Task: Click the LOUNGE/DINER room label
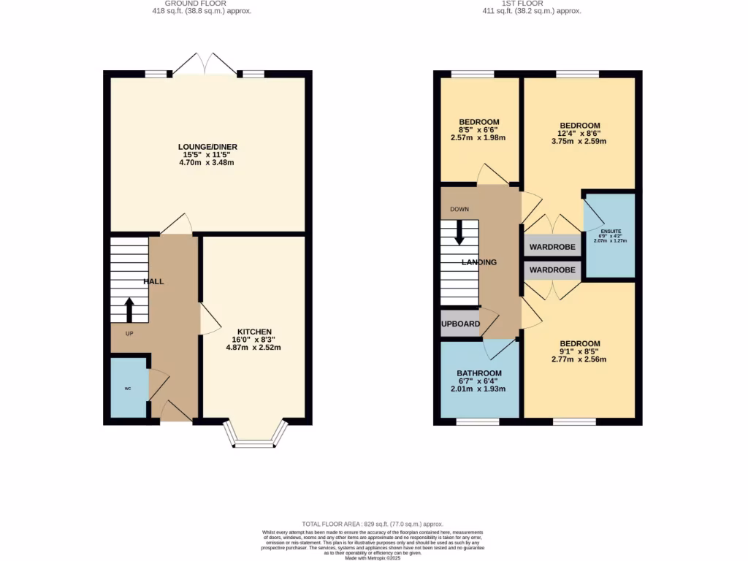pyautogui.click(x=208, y=147)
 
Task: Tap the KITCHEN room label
pyautogui.click(x=253, y=331)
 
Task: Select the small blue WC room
pyautogui.click(x=128, y=388)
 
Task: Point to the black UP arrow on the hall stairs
pyautogui.click(x=129, y=309)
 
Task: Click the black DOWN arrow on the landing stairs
pyautogui.click(x=459, y=232)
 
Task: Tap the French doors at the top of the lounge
pyautogui.click(x=205, y=64)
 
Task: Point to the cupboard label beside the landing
pyautogui.click(x=460, y=324)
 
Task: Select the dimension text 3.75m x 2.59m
pyautogui.click(x=580, y=142)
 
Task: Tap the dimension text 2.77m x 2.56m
pyautogui.click(x=580, y=359)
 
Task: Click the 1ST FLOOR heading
pyautogui.click(x=524, y=3)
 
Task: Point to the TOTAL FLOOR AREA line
pyautogui.click(x=373, y=524)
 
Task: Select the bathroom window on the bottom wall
pyautogui.click(x=478, y=421)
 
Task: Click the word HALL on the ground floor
pyautogui.click(x=153, y=281)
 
